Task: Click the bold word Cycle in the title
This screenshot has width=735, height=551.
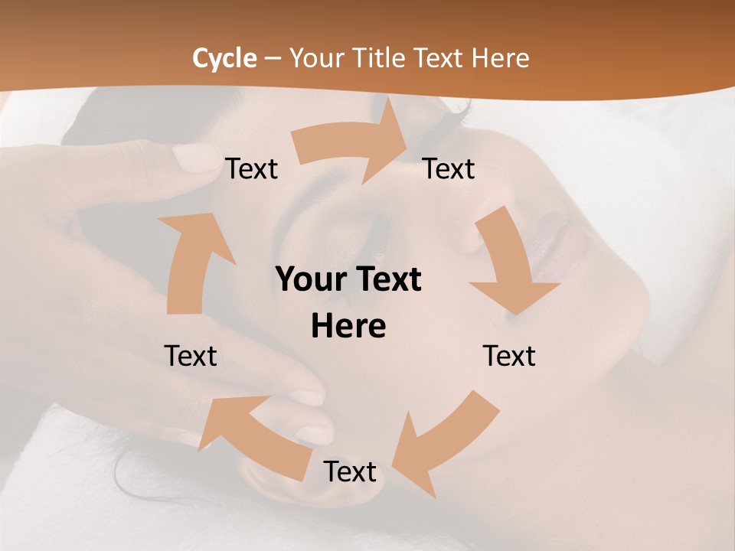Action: click(x=224, y=58)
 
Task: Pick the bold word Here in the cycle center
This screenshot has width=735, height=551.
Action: click(x=348, y=326)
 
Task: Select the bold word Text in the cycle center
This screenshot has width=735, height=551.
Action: click(x=387, y=279)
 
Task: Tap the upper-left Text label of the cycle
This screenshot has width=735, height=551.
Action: click(x=251, y=168)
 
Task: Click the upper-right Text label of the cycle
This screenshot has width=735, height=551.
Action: click(x=449, y=168)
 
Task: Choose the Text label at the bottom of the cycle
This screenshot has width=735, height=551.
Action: click(x=349, y=471)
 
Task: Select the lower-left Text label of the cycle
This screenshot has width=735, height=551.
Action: click(x=191, y=356)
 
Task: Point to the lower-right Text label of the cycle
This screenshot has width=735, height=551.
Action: click(x=509, y=356)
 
